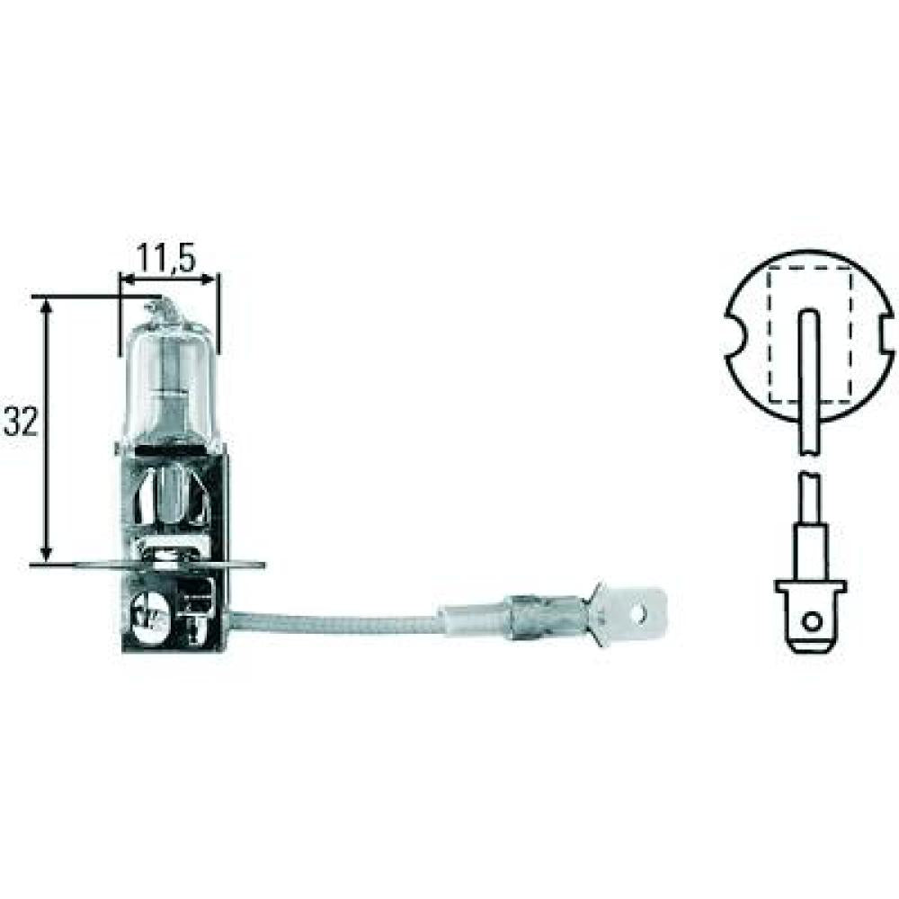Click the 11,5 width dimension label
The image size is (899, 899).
[x=168, y=258]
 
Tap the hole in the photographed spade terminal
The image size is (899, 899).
[x=640, y=614]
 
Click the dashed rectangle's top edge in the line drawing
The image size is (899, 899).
[x=809, y=269]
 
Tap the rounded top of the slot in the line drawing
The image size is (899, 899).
[x=809, y=314]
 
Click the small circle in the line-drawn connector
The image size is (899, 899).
[x=811, y=620]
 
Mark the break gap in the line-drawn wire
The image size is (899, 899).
[x=810, y=464]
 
